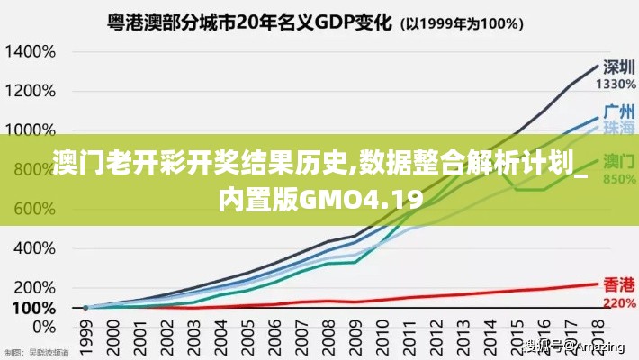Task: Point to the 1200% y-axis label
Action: (x=31, y=90)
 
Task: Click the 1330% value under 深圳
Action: (x=616, y=84)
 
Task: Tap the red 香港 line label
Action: (x=618, y=285)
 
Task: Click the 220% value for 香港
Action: (x=619, y=302)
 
